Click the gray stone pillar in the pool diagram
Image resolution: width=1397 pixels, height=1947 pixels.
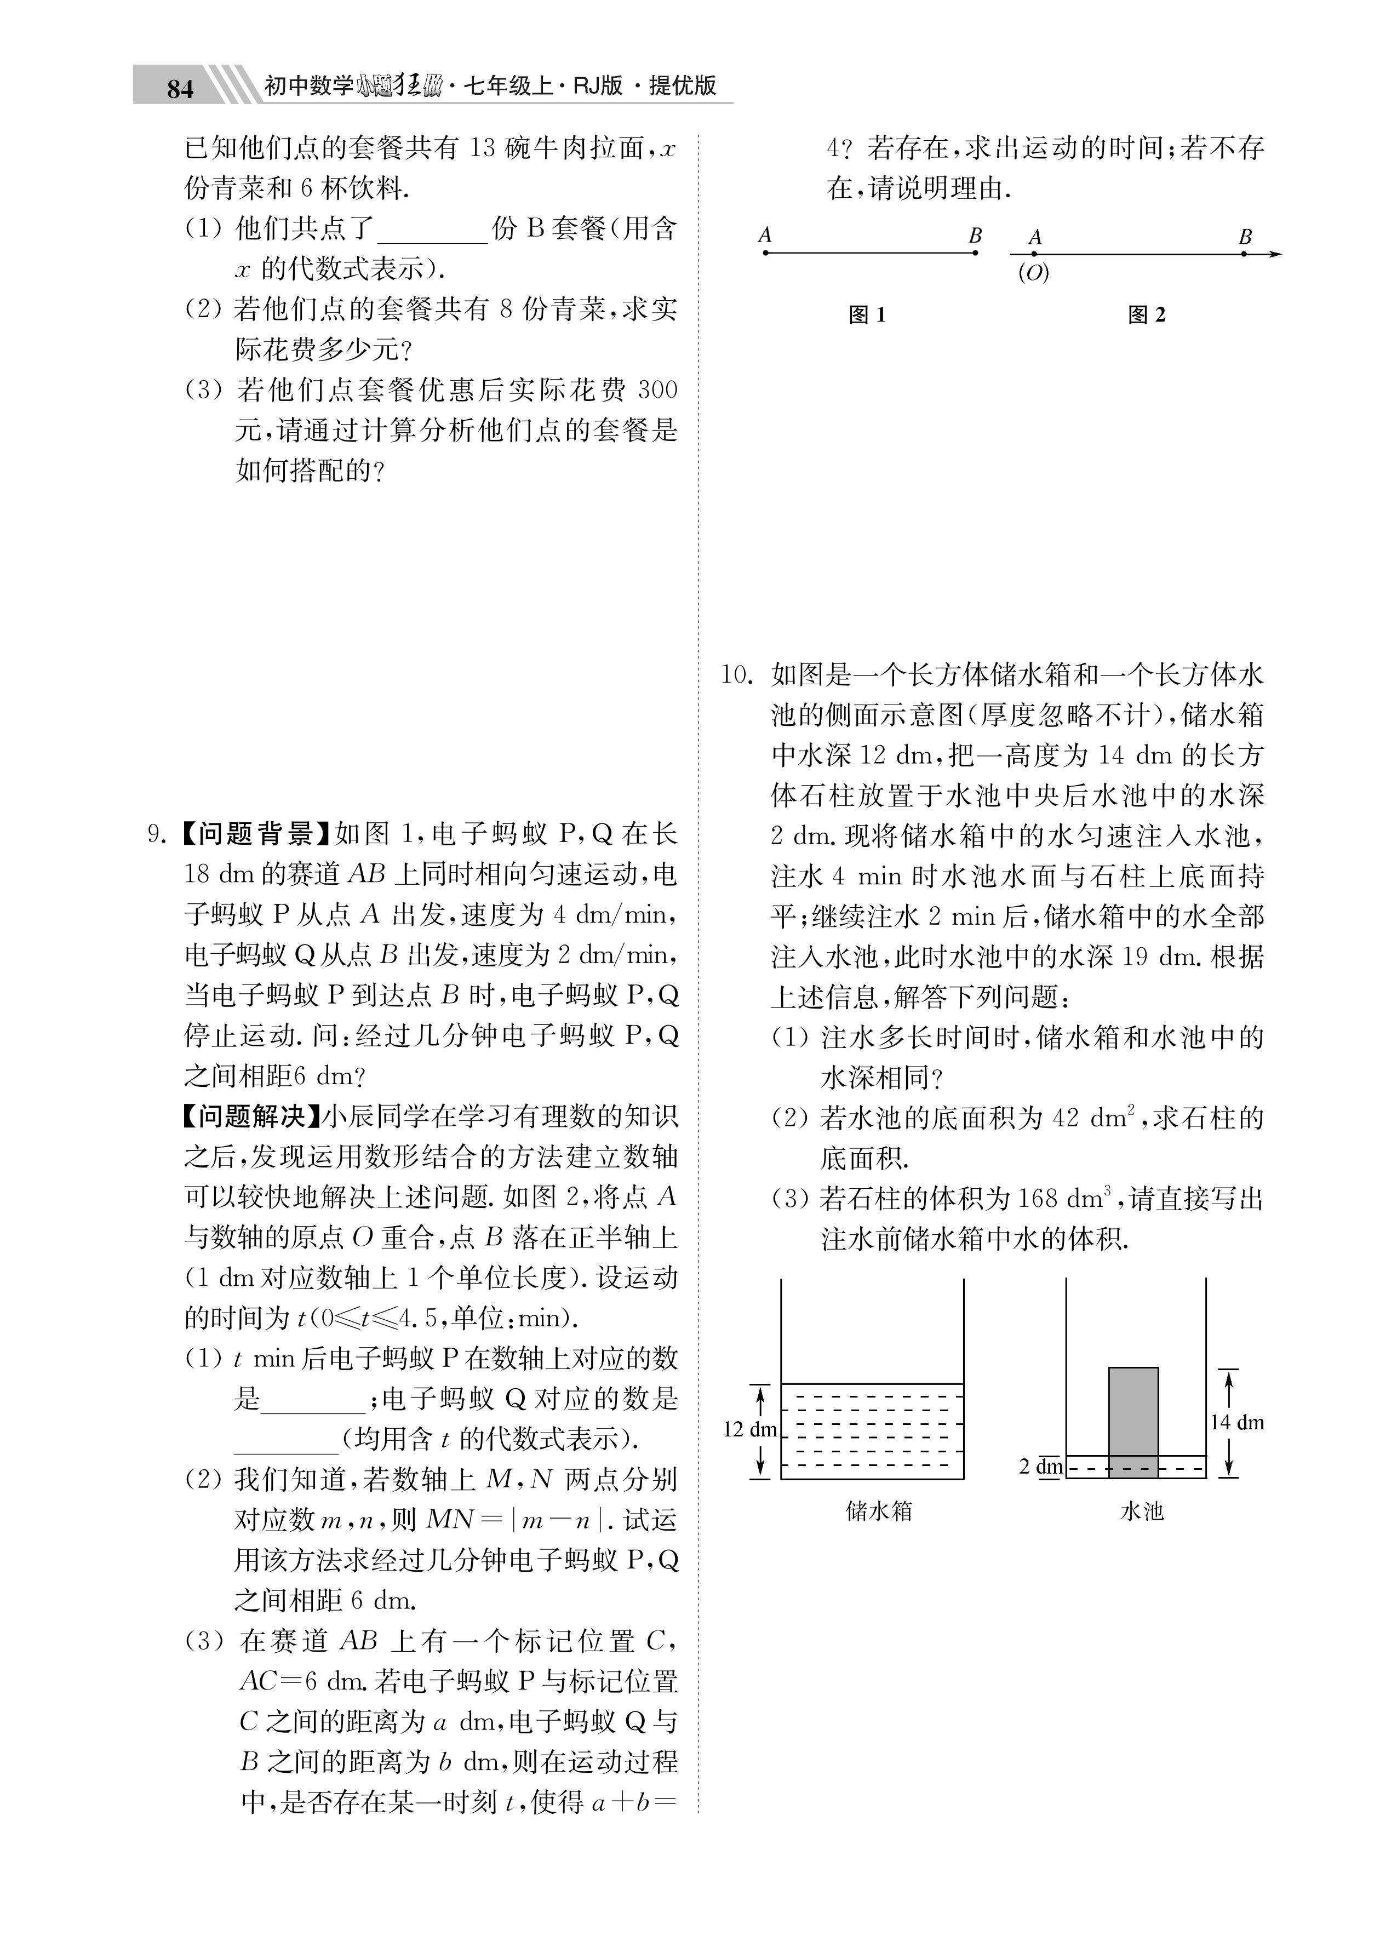[x=1132, y=1421]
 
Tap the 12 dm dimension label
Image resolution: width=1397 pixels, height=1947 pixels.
[x=749, y=1429]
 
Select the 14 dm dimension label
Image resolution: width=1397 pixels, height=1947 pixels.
[x=1236, y=1423]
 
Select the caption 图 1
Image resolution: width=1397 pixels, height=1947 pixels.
[x=866, y=315]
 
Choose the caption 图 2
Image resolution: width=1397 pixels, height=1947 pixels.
[x=1146, y=315]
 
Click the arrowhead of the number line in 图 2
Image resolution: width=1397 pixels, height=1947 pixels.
[x=1276, y=254]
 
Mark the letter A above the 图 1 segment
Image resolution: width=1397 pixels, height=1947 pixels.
[x=765, y=234]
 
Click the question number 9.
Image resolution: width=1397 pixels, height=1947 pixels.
[x=157, y=834]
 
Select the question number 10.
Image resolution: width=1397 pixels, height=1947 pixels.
[x=736, y=675]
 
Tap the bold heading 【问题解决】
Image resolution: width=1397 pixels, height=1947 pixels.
[x=250, y=1116]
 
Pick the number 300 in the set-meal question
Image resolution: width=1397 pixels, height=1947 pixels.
[x=657, y=391]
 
